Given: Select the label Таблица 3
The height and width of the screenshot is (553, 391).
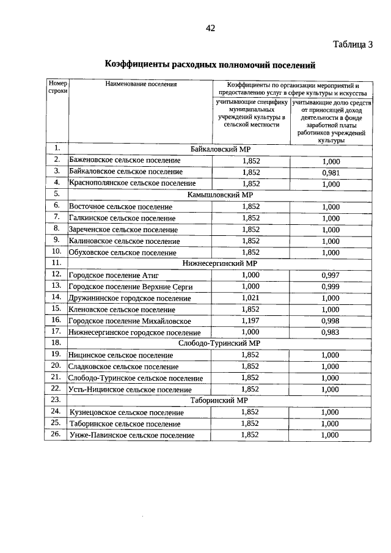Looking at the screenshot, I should click(353, 44).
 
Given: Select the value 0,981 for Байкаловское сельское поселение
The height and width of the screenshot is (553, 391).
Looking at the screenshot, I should click(331, 173).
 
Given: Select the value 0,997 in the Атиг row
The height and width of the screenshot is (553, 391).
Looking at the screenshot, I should click(331, 275).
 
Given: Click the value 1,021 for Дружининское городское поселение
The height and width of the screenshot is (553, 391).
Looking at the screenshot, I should click(251, 298).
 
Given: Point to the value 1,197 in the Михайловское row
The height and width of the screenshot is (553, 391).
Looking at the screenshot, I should click(251, 320).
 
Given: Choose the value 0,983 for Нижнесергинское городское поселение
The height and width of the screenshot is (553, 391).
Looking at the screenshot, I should click(331, 332).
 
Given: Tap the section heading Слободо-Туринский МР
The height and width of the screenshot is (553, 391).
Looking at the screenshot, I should click(219, 343).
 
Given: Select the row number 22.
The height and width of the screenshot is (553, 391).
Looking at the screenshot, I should click(56, 389).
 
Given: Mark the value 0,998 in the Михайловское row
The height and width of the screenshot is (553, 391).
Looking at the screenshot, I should click(331, 321).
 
